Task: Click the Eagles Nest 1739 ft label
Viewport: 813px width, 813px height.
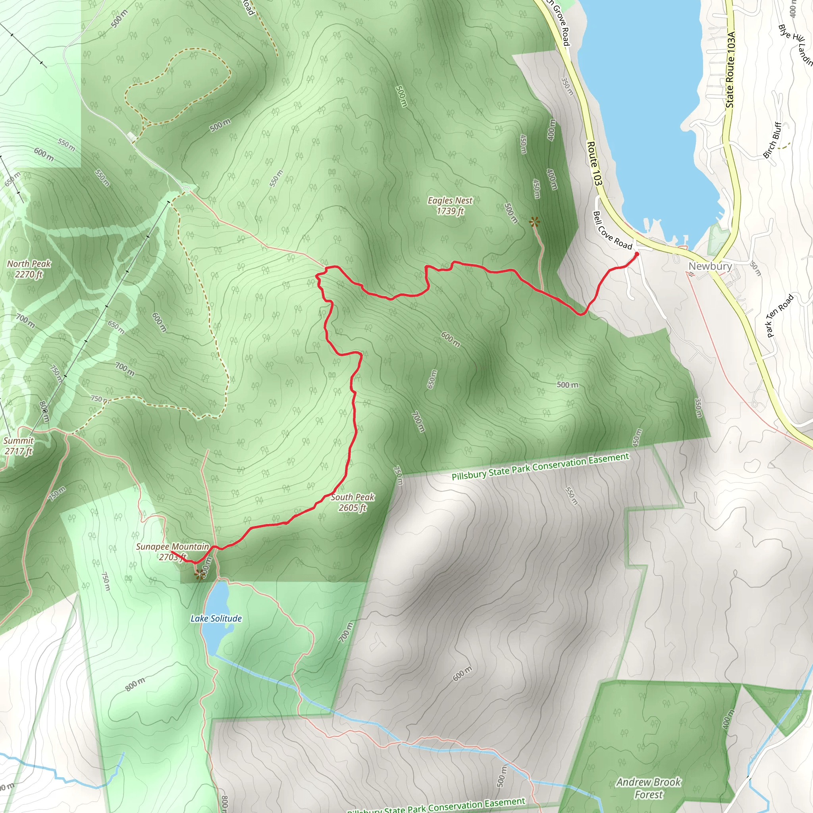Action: coord(450,206)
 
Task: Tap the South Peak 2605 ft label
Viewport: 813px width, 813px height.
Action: coord(352,503)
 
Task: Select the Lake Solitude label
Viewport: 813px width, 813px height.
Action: coord(216,618)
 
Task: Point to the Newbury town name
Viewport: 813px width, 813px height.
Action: coord(710,266)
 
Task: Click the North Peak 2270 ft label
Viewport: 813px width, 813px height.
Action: coord(29,269)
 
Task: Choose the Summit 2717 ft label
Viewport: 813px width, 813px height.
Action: coord(19,446)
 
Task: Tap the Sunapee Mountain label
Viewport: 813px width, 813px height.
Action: coord(172,547)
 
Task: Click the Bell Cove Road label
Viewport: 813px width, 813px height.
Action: coord(612,231)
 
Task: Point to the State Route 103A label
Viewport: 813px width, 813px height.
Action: coord(730,69)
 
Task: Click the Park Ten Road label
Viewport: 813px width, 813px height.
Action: coord(780,316)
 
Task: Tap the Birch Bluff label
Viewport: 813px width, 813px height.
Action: coord(772,140)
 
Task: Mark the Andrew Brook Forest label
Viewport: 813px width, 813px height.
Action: coord(649,788)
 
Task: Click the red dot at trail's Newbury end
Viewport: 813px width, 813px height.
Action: coord(637,254)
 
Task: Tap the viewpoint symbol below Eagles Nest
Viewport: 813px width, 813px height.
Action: coord(534,222)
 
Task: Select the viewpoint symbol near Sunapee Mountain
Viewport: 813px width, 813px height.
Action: coord(198,574)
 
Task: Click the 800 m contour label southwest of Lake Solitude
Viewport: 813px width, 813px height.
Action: coord(135,684)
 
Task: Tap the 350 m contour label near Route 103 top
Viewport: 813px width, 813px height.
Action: coord(567,86)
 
